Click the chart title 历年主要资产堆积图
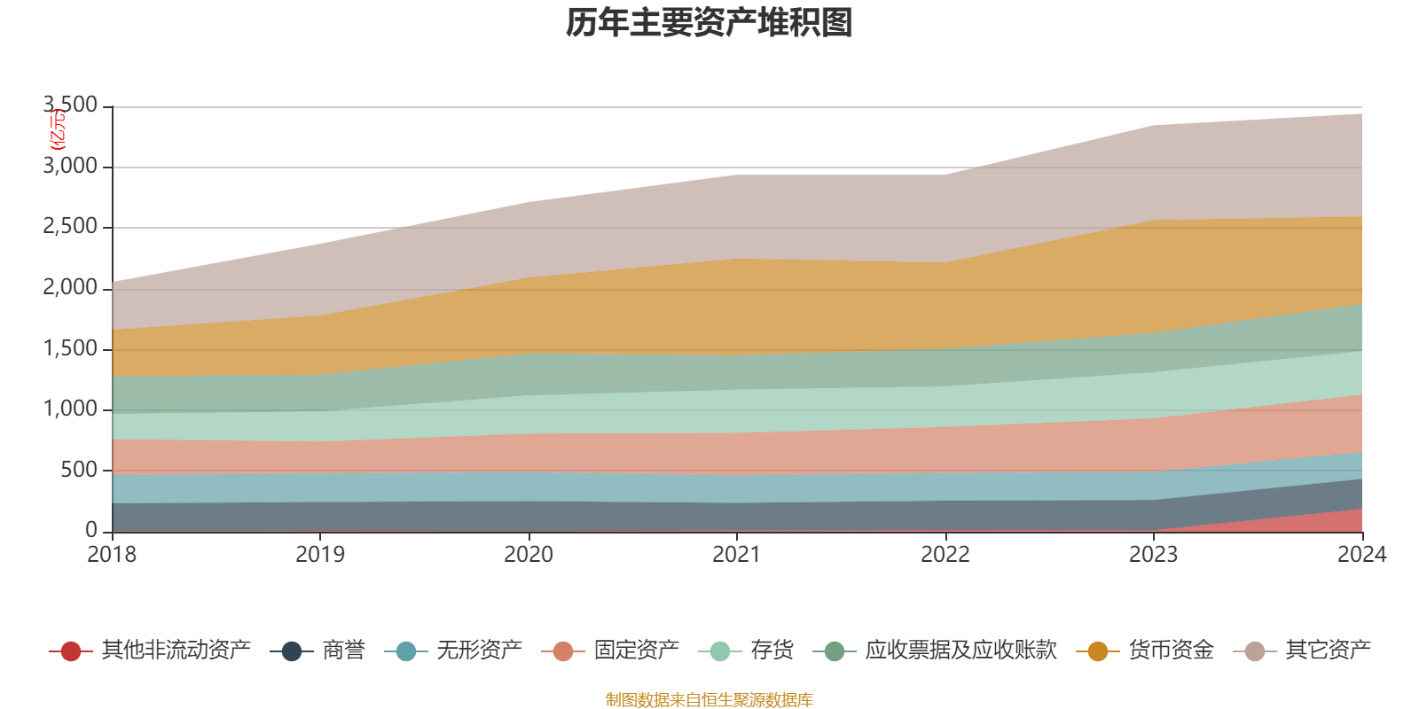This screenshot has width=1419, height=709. coord(709,23)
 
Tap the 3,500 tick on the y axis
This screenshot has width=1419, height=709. coord(71,105)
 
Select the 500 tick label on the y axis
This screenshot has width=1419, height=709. coord(79,471)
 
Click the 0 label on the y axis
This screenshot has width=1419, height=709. coord(91,531)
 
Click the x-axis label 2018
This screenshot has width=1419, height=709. coord(112,555)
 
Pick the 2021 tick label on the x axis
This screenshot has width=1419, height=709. coord(737,555)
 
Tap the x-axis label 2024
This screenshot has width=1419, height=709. coord(1361,555)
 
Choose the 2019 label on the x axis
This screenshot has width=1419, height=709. coord(320,555)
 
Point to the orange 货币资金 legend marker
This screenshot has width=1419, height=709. coord(1098,651)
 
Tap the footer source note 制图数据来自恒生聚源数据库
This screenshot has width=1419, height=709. coord(709,700)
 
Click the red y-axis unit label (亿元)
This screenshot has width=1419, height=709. coord(57,130)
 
